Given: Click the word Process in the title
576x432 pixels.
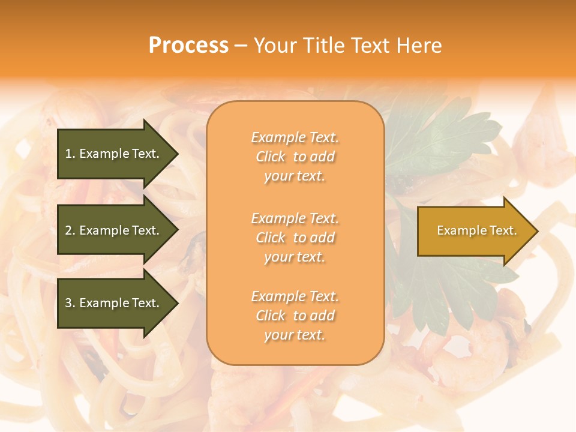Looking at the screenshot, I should [x=188, y=46].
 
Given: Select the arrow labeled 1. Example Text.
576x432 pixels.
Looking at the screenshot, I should [x=114, y=154].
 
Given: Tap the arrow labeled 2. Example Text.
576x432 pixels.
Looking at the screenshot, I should [x=114, y=230].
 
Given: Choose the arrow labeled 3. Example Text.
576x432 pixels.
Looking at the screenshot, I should [x=114, y=303].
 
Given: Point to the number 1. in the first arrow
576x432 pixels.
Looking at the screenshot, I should [x=70, y=154].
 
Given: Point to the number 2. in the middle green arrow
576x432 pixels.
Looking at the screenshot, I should [x=70, y=230].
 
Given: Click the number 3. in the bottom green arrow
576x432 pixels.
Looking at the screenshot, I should [x=70, y=303].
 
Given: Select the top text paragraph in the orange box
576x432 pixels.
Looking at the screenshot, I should [x=295, y=157].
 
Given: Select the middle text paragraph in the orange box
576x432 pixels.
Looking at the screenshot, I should [x=295, y=237].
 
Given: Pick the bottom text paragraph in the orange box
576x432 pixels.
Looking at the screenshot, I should [x=295, y=316].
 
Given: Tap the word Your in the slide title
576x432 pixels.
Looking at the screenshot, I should [x=274, y=46].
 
